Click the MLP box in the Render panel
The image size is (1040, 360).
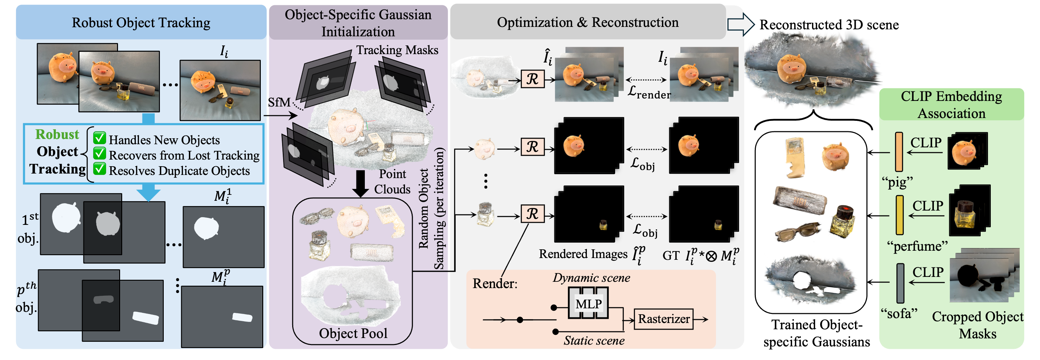click(x=588, y=303)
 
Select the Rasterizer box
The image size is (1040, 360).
click(x=663, y=319)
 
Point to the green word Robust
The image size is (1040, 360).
click(x=57, y=134)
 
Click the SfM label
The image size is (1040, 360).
click(x=279, y=103)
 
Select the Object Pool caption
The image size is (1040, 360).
click(x=353, y=333)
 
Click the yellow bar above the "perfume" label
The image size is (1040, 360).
click(x=900, y=215)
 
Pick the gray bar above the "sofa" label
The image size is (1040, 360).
click(x=900, y=283)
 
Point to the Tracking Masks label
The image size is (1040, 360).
click(x=397, y=50)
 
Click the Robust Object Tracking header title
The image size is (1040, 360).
click(x=141, y=23)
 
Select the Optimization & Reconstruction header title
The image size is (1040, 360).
click(x=588, y=23)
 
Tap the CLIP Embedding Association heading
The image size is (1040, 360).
click(x=951, y=104)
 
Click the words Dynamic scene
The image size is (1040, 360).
click(x=591, y=278)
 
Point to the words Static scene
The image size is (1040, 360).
click(x=594, y=341)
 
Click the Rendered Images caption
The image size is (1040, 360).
click(x=583, y=254)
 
